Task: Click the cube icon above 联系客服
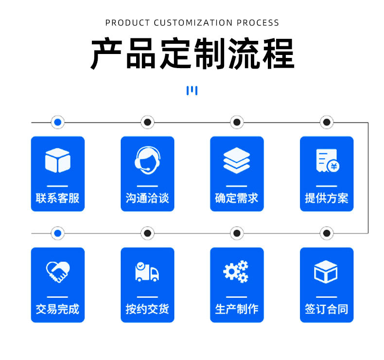pos(57,160)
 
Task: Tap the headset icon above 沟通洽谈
pos(147,160)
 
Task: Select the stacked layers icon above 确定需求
pos(237,160)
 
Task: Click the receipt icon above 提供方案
pos(327,160)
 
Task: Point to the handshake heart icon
pos(57,271)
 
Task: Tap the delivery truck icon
pos(147,271)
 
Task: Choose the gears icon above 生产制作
pos(236,271)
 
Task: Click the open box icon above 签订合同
pos(326,271)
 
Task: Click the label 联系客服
pos(57,198)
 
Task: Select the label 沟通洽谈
pos(147,198)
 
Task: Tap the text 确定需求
pos(237,198)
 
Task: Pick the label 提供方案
pos(327,198)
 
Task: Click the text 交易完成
pos(57,309)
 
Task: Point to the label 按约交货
pos(147,309)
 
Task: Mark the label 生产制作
pos(237,309)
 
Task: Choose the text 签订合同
pos(327,309)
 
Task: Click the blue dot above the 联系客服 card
pos(58,122)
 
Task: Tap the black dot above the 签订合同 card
pos(327,234)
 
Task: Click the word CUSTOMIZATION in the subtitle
pos(193,22)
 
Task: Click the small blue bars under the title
pos(192,90)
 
